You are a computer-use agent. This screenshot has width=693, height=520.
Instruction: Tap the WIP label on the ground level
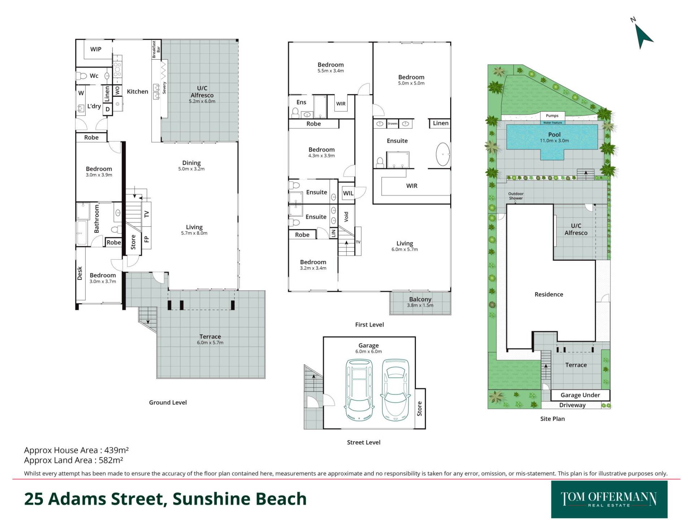96,49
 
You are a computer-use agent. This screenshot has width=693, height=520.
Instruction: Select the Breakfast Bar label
156,49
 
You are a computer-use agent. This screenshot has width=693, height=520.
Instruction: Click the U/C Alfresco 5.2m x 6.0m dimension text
202,101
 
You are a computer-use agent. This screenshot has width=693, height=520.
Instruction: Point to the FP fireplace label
147,239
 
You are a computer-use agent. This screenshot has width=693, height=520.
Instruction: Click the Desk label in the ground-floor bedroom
80,273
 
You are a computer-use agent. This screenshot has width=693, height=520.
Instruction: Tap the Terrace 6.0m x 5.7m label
210,339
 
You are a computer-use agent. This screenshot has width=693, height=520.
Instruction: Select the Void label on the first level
346,217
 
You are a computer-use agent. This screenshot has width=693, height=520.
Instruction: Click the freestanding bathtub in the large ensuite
443,155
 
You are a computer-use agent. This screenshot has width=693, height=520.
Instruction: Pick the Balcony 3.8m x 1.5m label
420,302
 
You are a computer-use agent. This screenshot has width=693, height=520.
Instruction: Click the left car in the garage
359,390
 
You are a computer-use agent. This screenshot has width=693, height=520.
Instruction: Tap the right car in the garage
396,390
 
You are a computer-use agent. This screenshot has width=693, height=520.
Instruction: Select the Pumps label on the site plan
552,116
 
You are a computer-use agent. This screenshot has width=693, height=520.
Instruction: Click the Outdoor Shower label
516,196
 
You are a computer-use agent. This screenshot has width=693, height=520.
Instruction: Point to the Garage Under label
580,395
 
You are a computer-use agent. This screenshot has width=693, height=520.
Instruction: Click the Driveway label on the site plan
572,405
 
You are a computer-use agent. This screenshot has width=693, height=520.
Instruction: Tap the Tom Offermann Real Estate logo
609,499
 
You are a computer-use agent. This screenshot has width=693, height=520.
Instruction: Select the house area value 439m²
117,450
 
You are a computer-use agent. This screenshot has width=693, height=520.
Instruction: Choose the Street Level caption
363,442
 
